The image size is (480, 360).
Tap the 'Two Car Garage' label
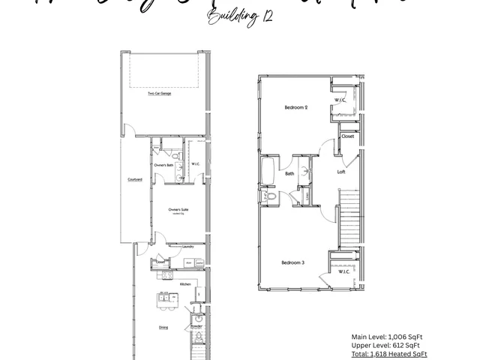159,92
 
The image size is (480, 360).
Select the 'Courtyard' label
135,179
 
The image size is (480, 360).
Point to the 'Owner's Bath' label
164,165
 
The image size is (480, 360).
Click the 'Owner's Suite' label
178,209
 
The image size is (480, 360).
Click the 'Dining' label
163,328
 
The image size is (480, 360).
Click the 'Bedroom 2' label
295,108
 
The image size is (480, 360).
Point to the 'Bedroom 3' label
292,262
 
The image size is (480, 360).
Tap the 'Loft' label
341,172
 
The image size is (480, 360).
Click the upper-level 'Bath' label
289,173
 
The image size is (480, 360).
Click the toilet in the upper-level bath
271,196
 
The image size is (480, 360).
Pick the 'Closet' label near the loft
348,136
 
